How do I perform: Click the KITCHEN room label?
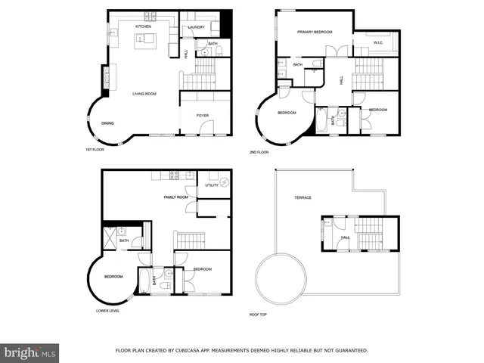coord(144,26)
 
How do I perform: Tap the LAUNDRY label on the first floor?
coord(197,27)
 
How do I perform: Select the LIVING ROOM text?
coord(144,94)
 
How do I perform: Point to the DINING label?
coord(108,123)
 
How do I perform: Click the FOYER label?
coord(203,116)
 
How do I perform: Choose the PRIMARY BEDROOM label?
coord(315,32)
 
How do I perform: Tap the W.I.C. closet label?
coord(379,43)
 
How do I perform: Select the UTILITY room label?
coord(212,185)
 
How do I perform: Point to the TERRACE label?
coord(302,197)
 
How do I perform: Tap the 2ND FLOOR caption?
coord(259,152)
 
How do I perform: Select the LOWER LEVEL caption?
coord(107,310)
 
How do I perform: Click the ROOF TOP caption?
coord(259,314)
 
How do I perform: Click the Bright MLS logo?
coord(29,352)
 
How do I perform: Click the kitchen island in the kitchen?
coord(144,41)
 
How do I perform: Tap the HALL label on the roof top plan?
coord(345,237)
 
